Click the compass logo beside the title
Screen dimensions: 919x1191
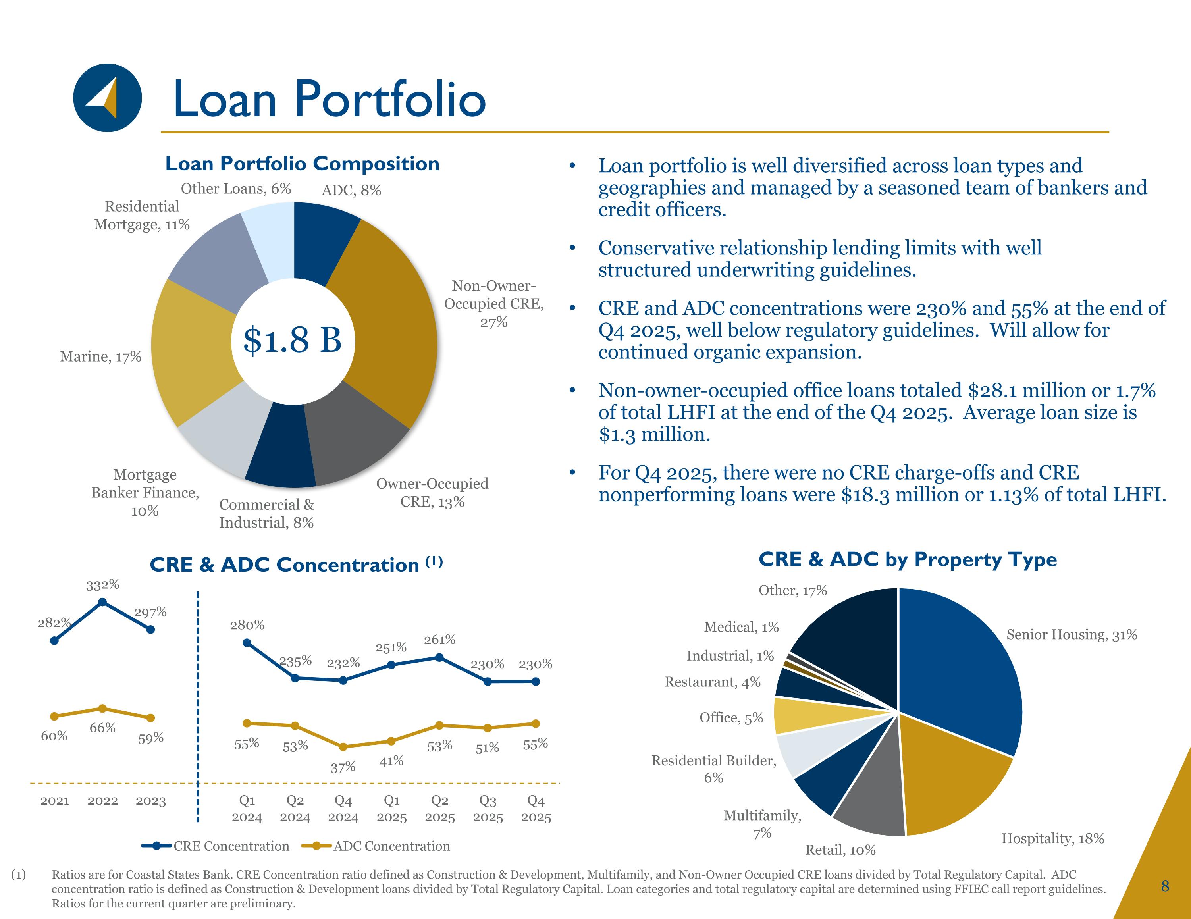[108, 98]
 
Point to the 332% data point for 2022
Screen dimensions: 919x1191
[102, 602]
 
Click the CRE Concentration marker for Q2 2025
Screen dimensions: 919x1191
[439, 658]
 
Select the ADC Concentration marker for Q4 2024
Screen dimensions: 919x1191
[343, 747]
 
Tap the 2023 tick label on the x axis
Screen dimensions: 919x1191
[150, 801]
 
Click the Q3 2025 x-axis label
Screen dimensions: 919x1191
[488, 809]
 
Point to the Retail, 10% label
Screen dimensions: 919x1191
[840, 850]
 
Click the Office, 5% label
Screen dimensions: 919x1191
[731, 718]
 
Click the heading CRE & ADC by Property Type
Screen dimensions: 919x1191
[908, 560]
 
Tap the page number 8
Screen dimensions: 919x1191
[1165, 886]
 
